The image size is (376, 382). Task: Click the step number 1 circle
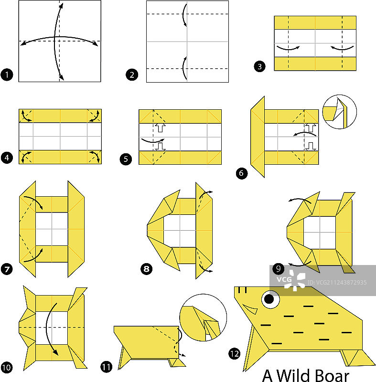(7, 74)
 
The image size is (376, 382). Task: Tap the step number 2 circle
(132, 74)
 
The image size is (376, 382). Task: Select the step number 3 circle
(259, 66)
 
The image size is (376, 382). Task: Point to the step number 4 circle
(7, 158)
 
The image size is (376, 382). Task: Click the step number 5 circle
(126, 159)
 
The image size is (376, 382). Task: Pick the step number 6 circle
(241, 173)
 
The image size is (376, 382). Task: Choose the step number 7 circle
(7, 269)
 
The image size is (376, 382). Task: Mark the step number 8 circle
(147, 269)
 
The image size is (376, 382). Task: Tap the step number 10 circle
(7, 367)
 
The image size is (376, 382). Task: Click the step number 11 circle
(106, 367)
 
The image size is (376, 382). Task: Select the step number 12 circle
(235, 354)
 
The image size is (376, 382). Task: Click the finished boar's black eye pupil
(269, 299)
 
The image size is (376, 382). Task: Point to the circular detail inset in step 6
(339, 112)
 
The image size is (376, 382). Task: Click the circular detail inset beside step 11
(203, 318)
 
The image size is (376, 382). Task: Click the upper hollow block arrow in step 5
(161, 127)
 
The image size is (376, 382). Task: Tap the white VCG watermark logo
(291, 280)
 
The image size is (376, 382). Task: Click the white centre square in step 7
(52, 229)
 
